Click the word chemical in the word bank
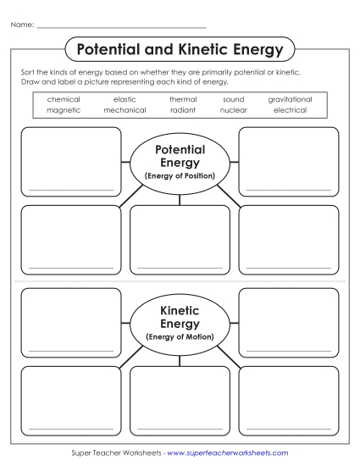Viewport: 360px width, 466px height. click(64, 99)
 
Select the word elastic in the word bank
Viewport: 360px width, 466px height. click(125, 99)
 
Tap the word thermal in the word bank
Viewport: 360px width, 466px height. click(182, 99)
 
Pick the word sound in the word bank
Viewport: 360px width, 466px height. click(233, 99)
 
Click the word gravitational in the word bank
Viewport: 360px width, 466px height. click(290, 99)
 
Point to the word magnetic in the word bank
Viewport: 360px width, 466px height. click(64, 109)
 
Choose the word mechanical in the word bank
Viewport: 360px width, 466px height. click(125, 109)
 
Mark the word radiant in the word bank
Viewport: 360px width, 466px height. click(182, 109)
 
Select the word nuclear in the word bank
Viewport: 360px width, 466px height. click(233, 109)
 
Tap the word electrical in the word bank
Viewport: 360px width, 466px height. click(290, 109)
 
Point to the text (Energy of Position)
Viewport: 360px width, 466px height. click(180, 175)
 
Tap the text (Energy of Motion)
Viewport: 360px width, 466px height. click(180, 336)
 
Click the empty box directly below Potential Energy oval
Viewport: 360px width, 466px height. click(180, 240)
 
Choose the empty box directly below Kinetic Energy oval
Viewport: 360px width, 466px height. click(180, 400)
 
